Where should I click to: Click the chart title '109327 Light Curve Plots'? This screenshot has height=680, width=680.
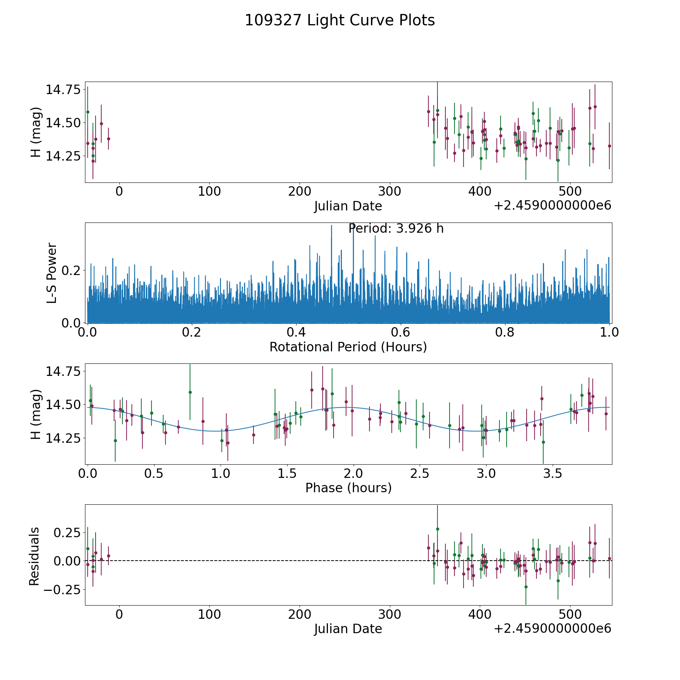[340, 20]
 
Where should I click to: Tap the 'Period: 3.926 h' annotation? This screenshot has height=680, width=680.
[396, 229]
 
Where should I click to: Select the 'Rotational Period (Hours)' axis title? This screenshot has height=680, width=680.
[348, 347]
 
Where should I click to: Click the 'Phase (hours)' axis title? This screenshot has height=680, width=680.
[348, 488]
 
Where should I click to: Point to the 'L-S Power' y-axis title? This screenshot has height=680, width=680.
[52, 273]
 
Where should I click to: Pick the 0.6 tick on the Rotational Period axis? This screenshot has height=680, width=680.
[400, 332]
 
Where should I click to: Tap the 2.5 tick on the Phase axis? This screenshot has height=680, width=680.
[420, 473]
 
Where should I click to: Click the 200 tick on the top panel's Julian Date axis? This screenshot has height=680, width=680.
[299, 192]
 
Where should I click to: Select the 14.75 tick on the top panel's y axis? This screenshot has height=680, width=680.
[63, 90]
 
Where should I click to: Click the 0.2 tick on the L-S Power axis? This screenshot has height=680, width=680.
[71, 270]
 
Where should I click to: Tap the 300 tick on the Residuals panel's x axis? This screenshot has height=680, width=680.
[389, 614]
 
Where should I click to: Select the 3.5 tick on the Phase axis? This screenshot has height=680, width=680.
[552, 473]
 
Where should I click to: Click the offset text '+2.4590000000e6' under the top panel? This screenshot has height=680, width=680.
[552, 206]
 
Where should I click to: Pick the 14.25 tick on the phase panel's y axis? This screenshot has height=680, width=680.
[63, 438]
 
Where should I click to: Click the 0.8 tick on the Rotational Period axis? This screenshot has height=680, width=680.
[505, 332]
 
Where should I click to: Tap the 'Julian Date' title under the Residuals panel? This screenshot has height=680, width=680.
[348, 629]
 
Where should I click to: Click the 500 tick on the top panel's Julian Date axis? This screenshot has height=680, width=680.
[570, 192]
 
